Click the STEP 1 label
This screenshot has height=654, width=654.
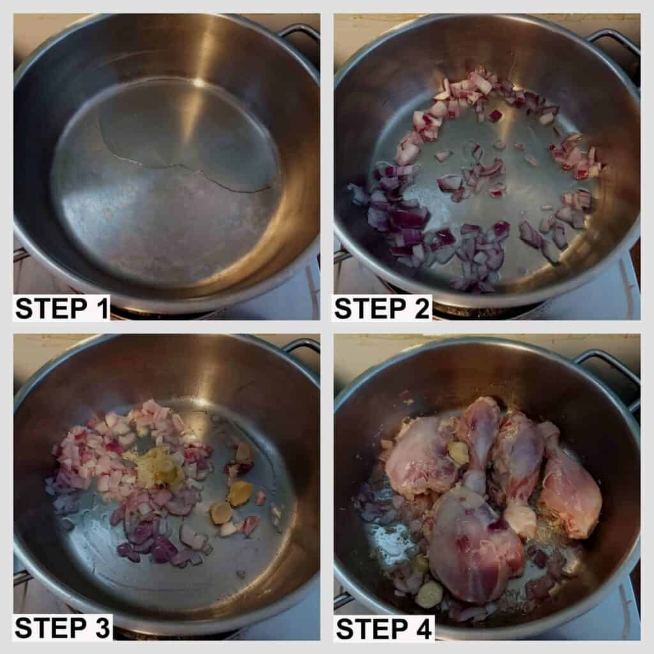point(62,308)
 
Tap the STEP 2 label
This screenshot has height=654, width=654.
point(382,308)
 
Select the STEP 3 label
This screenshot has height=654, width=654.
point(62,628)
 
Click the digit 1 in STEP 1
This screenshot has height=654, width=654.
point(102,308)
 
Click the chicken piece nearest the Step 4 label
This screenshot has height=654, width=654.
point(475,542)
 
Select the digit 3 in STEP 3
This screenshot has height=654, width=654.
point(102,628)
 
